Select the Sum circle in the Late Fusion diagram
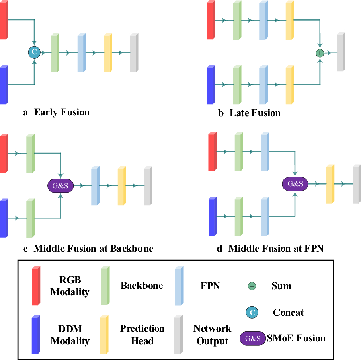click(320, 53)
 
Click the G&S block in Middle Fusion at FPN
click(295, 183)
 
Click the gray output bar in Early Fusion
click(134, 53)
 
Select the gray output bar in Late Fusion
click(341, 52)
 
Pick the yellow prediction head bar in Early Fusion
click(107, 53)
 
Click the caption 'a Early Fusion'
click(56, 112)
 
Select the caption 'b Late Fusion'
click(249, 113)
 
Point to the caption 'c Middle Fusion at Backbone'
click(88, 249)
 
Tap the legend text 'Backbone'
click(142, 286)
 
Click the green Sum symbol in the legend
click(252, 286)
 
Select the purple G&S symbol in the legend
click(252, 338)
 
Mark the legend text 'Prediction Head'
click(142, 335)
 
